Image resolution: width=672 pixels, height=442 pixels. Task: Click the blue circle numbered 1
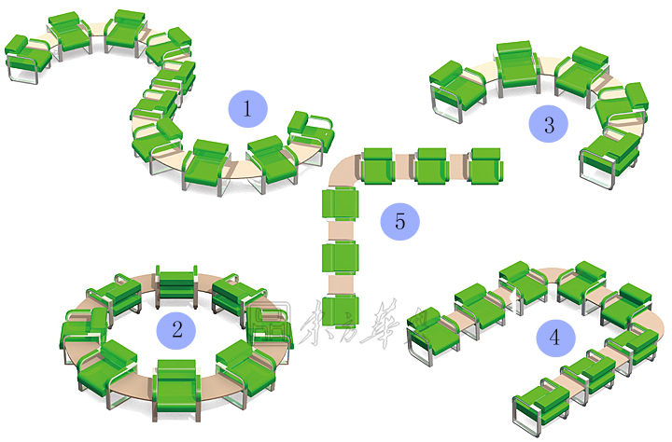(x=247, y=109)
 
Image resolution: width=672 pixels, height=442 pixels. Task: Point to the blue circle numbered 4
(x=555, y=338)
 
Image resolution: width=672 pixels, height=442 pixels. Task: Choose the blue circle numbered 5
(x=400, y=222)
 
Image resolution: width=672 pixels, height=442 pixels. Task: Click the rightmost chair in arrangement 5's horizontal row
(x=486, y=165)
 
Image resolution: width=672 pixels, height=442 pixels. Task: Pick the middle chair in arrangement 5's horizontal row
(x=432, y=165)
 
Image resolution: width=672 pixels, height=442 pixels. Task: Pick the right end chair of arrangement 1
(x=311, y=131)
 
